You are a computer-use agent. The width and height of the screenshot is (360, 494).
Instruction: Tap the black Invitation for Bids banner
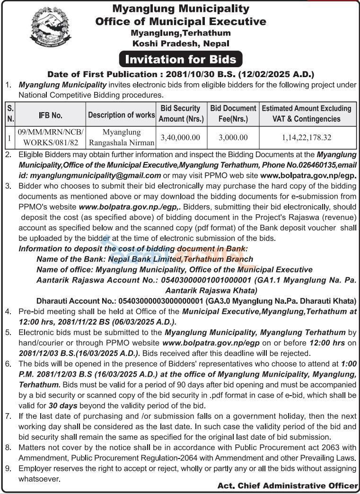180,60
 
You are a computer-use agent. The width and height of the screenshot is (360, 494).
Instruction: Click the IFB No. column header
50,115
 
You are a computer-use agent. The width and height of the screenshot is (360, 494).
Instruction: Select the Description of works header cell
121,115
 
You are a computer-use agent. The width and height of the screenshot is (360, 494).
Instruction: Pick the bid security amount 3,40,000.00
181,137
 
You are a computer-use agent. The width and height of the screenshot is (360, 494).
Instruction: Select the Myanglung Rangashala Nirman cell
121,137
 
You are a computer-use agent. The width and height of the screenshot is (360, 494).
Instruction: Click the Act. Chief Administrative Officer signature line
288,486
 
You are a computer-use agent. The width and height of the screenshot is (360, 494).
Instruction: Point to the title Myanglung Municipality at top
180,9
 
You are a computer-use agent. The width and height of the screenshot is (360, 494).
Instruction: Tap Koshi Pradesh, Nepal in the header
180,44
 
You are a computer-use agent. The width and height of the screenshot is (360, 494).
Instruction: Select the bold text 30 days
59,405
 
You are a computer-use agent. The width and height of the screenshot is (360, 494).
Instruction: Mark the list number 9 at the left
8,468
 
